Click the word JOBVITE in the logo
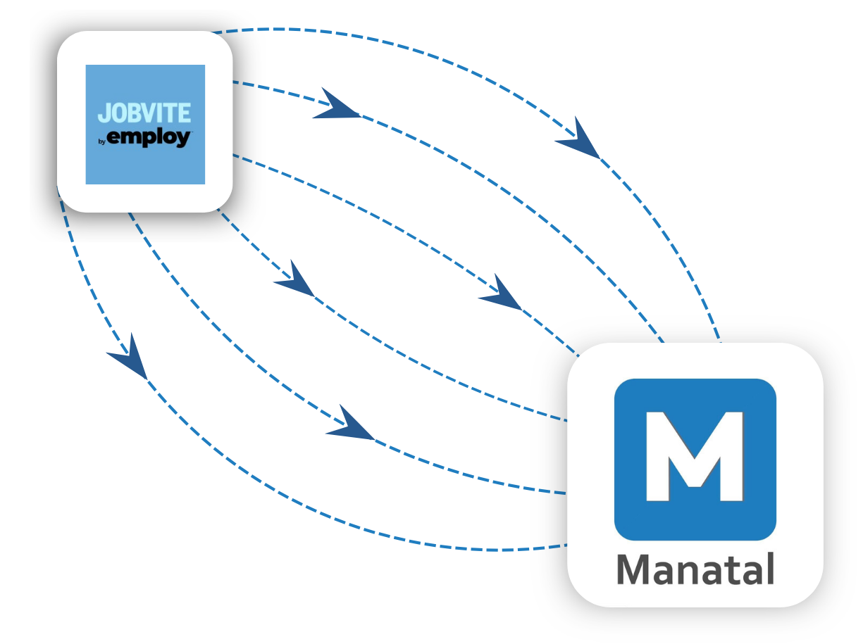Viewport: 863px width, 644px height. (x=144, y=113)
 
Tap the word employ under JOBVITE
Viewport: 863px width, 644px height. (x=149, y=139)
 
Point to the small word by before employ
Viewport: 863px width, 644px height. (x=101, y=141)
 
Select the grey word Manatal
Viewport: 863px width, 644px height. (x=695, y=569)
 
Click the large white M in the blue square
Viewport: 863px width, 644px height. (x=695, y=456)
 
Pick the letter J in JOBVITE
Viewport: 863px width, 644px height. (x=103, y=113)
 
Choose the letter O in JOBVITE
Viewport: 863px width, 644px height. (x=115, y=113)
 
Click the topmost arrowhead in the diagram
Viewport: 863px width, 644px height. (x=336, y=106)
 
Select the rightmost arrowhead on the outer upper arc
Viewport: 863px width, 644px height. (x=579, y=140)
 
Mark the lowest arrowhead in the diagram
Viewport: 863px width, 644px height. (x=350, y=424)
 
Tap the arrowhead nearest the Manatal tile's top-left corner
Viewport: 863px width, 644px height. (x=501, y=293)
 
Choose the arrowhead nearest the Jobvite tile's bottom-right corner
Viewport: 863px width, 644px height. (x=295, y=280)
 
